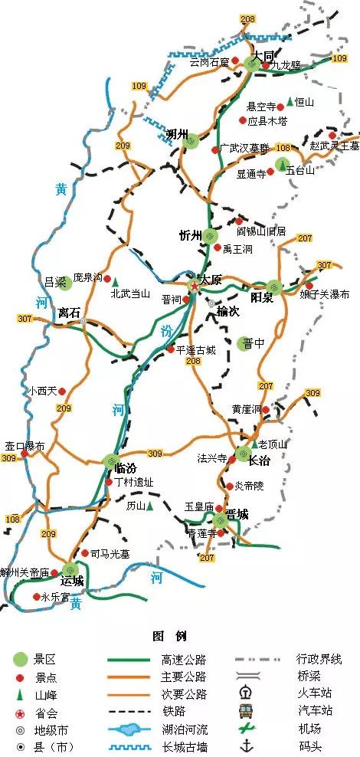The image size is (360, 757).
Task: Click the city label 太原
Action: pos(210,280)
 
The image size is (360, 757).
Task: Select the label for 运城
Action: pos(73,582)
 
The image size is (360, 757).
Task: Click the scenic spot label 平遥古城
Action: pos(196,349)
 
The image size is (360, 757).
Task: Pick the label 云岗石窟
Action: pos(208,62)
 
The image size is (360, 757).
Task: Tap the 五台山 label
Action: pos(300,170)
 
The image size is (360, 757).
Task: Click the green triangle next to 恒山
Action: pos(290,101)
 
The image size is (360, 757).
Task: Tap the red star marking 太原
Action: pos(195,286)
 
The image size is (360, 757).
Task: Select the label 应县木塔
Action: pos(267,121)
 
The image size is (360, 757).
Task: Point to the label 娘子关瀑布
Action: pos(325,293)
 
